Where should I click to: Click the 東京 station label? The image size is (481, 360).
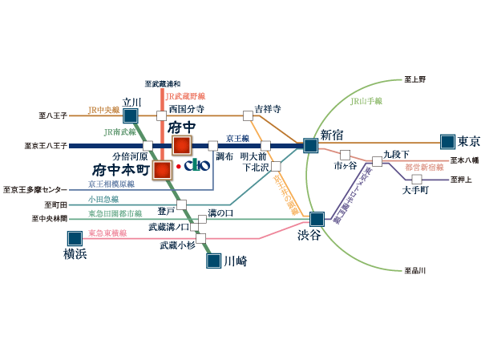(468, 142)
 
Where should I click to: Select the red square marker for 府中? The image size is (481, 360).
(182, 145)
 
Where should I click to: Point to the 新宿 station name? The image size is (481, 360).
(331, 134)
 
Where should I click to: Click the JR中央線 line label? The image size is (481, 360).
(103, 109)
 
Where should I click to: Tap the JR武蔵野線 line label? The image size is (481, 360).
(185, 95)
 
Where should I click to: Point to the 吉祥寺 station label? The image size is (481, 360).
(268, 108)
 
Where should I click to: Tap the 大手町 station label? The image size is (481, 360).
(415, 191)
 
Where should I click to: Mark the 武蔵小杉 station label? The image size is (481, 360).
(177, 245)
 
